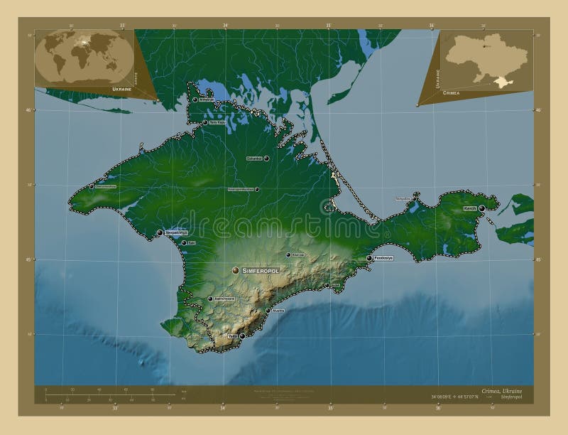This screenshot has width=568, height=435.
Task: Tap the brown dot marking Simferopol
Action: (236, 270)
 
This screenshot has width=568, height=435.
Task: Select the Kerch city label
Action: (469, 209)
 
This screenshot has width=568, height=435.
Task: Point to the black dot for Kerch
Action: (482, 208)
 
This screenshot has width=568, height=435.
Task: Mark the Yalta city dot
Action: (242, 335)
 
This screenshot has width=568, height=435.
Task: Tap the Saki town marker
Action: (184, 243)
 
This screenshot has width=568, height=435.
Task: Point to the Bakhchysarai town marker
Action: (210, 299)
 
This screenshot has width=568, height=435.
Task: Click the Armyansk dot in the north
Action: (195, 100)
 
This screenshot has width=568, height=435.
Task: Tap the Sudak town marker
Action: (327, 286)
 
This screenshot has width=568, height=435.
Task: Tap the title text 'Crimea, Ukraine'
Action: (510, 392)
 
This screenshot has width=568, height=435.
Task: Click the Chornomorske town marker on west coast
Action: (92, 187)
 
